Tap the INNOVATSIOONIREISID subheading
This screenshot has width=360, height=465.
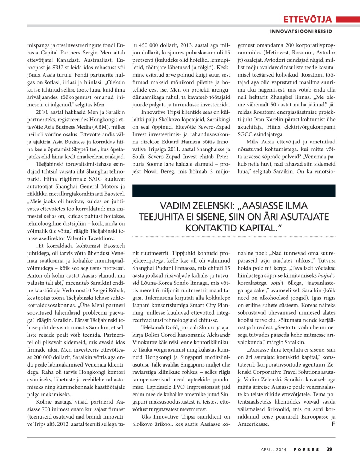tap(301, 31)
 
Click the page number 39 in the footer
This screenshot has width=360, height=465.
tap(329, 449)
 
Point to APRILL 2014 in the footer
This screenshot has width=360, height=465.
tap(273, 450)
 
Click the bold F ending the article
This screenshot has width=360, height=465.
tap(333, 424)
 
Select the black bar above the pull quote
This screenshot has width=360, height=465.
tap(234, 190)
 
